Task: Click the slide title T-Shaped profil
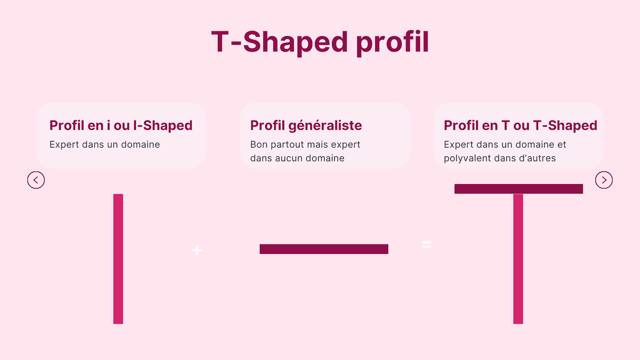point(320,42)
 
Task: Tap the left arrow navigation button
point(36,180)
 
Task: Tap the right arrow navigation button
point(604,180)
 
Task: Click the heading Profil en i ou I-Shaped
point(121,126)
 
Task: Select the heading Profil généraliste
point(306,126)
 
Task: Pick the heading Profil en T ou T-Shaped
point(521,126)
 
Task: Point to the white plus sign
point(197,250)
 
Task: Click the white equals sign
point(427,245)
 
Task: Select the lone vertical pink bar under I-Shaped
point(118,259)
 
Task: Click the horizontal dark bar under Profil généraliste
point(324,249)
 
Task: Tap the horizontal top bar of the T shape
point(518,189)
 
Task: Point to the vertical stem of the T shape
point(518,259)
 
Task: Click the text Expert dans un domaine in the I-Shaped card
point(105,145)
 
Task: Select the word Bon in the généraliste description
point(259,145)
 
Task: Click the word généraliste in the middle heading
point(325,126)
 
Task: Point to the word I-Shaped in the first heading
point(163,126)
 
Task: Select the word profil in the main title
point(393,43)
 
